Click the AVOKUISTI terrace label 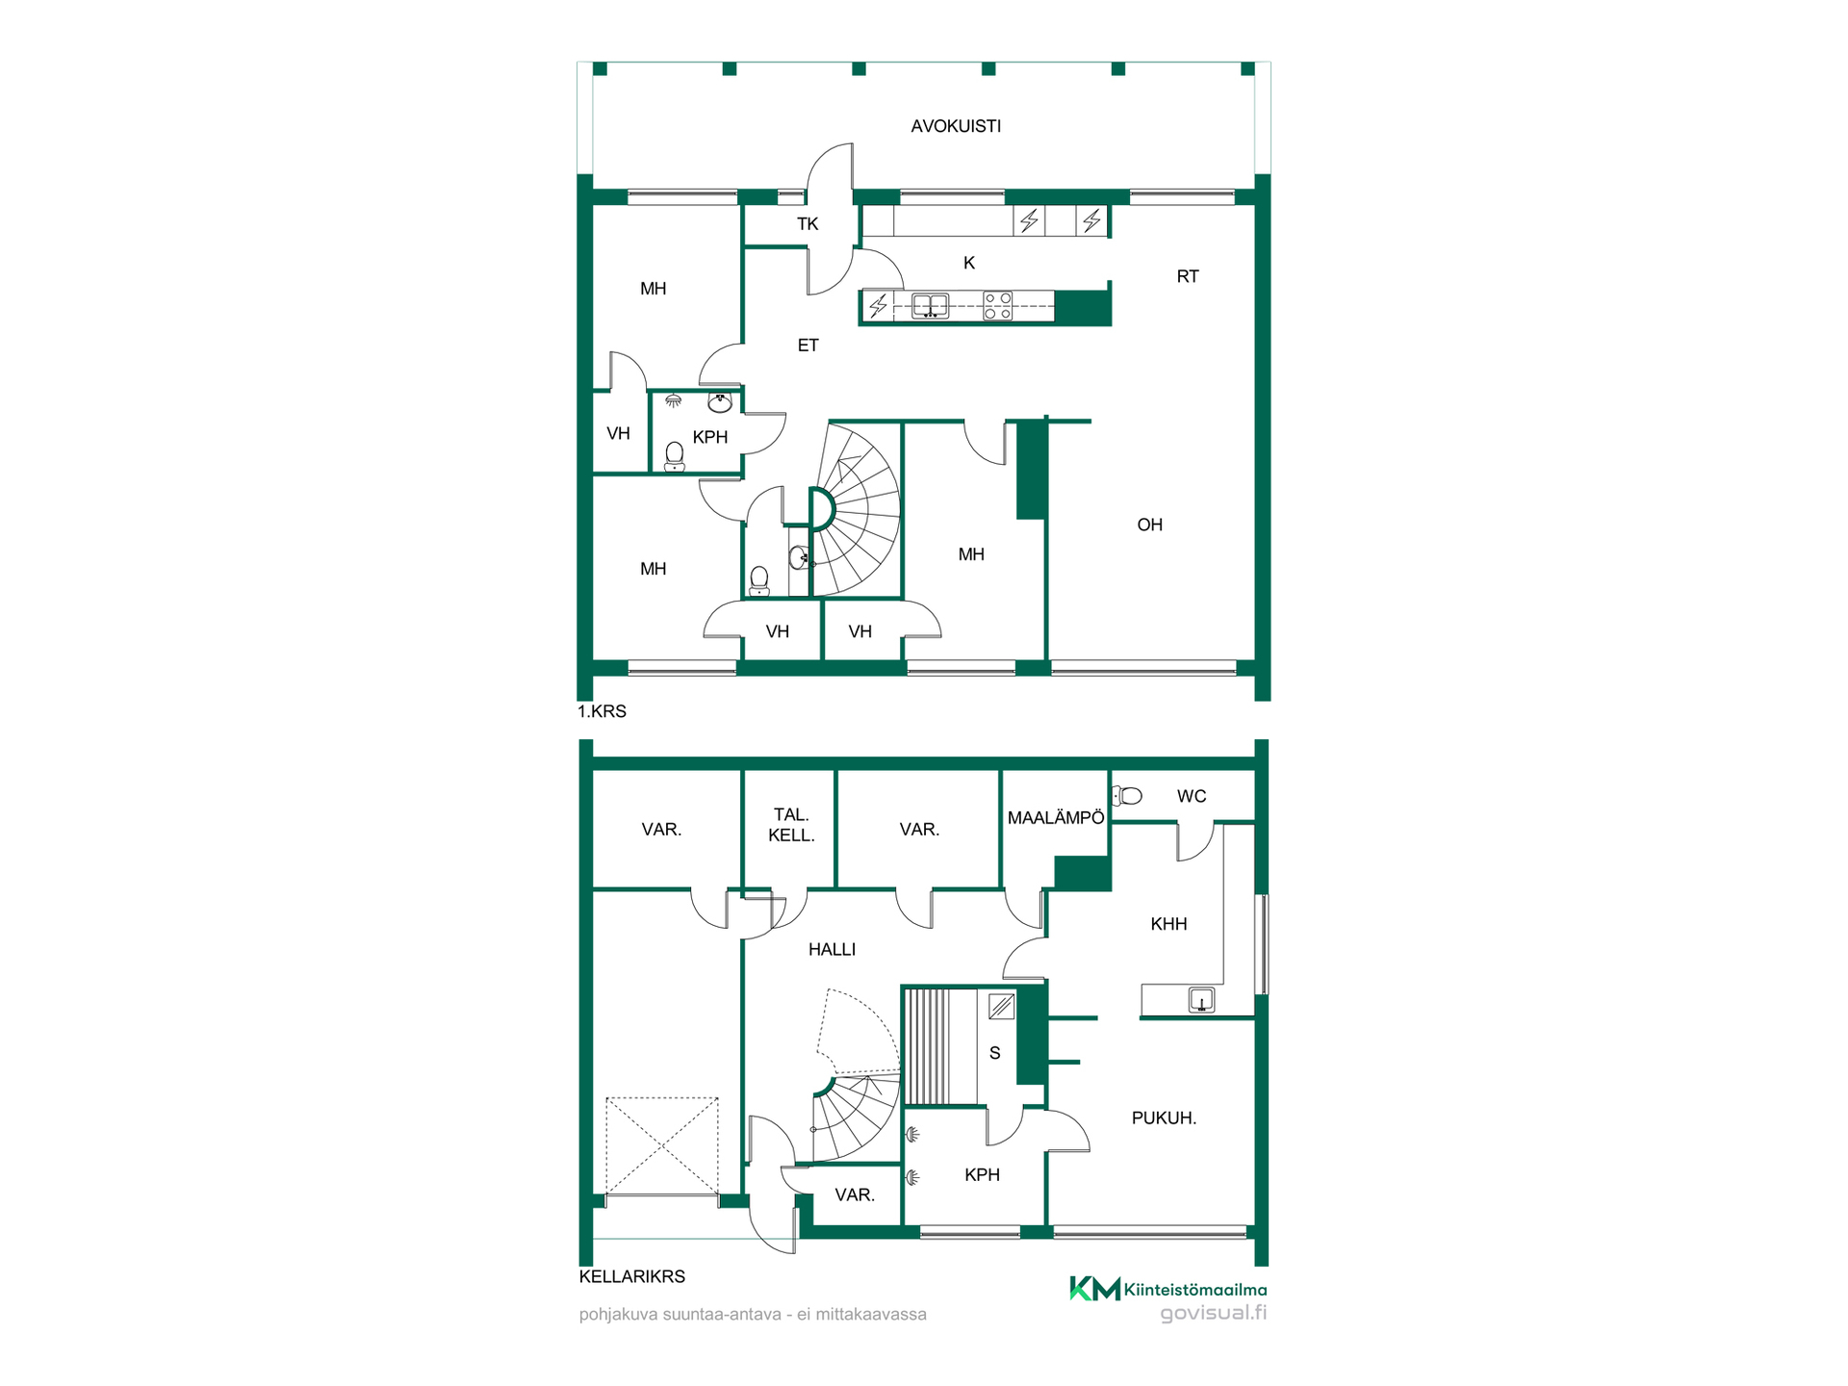[x=956, y=126]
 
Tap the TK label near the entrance [x=808, y=224]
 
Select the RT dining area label [x=1188, y=276]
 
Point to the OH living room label [x=1150, y=525]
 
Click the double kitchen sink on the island [x=930, y=306]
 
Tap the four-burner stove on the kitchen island [x=998, y=306]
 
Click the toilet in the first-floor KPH [x=675, y=456]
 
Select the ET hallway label [x=808, y=345]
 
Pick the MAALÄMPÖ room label [x=1056, y=817]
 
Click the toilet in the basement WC [x=1128, y=796]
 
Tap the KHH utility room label [x=1168, y=924]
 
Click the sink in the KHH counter [x=1201, y=1000]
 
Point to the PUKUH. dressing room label [x=1164, y=1117]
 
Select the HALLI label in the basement [x=832, y=949]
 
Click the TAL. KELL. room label [x=791, y=825]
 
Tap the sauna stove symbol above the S [x=1001, y=1007]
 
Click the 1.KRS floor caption [x=602, y=711]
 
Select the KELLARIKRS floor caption [x=632, y=1276]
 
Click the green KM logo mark [x=1095, y=1288]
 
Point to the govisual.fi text [x=1213, y=1313]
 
